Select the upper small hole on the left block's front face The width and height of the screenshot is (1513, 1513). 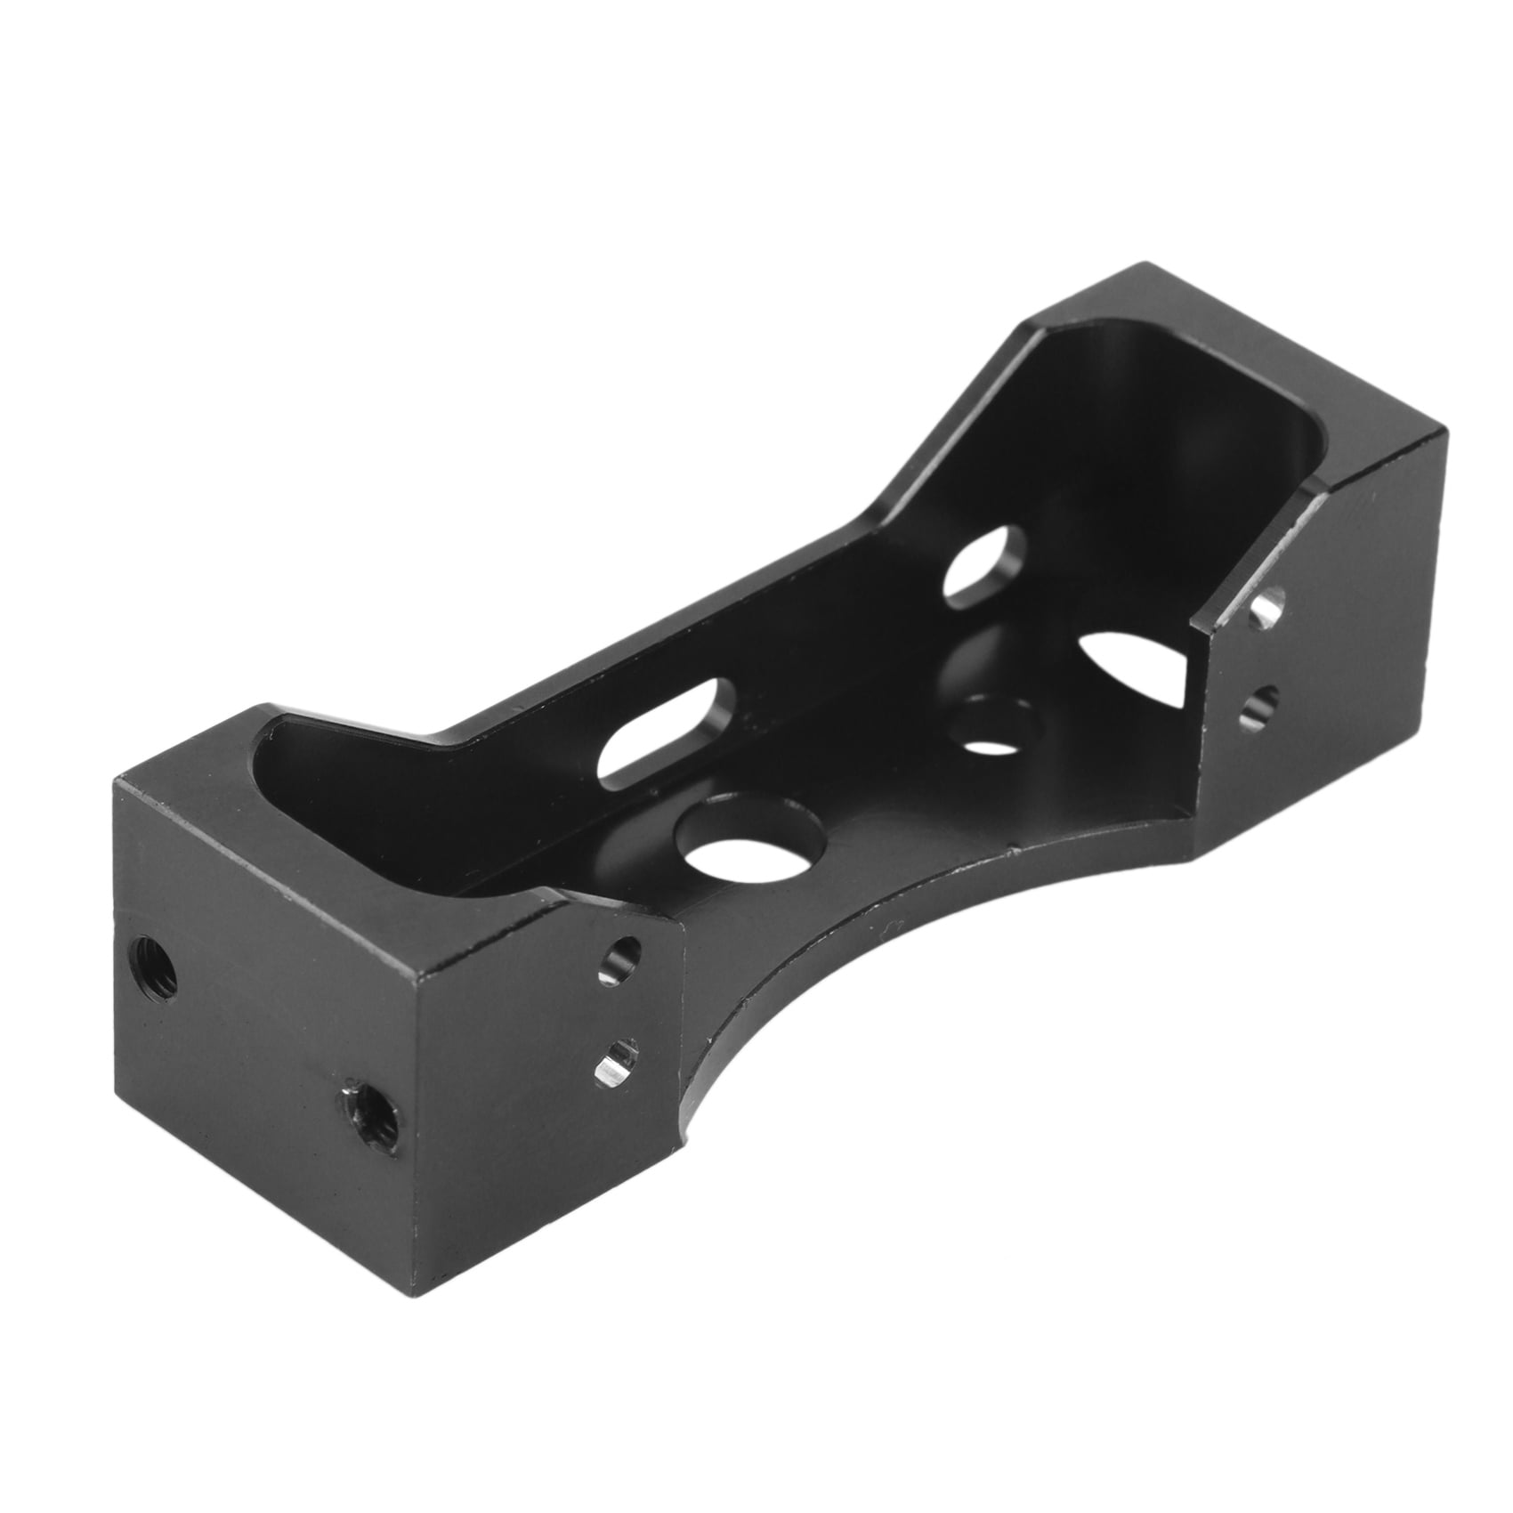tap(620, 960)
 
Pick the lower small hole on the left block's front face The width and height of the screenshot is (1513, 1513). tap(618, 1059)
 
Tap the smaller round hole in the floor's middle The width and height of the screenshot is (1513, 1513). tap(993, 723)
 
